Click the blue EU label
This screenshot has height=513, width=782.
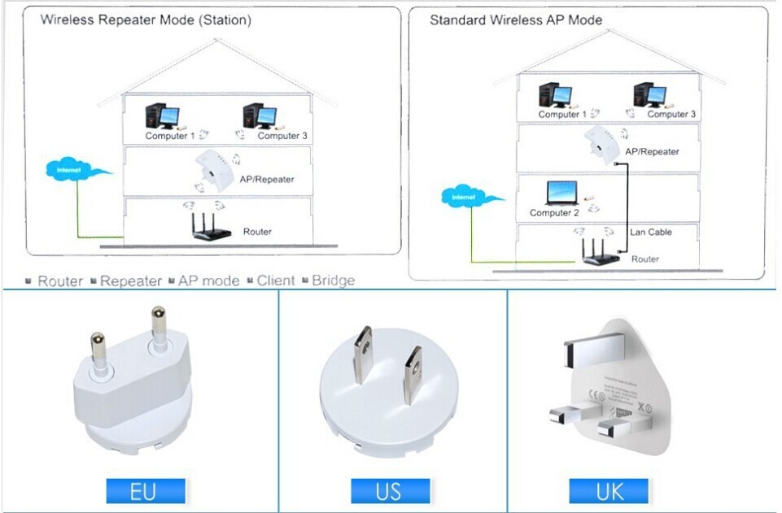[146, 491]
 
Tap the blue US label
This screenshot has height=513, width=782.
[388, 491]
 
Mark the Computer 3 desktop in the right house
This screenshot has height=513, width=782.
[648, 96]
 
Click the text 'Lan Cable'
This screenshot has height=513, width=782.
[651, 233]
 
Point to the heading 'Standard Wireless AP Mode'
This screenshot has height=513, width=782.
[516, 20]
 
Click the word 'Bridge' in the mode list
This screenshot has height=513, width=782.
[333, 280]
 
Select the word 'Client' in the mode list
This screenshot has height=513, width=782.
[276, 280]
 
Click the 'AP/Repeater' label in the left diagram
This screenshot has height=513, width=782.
[267, 179]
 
